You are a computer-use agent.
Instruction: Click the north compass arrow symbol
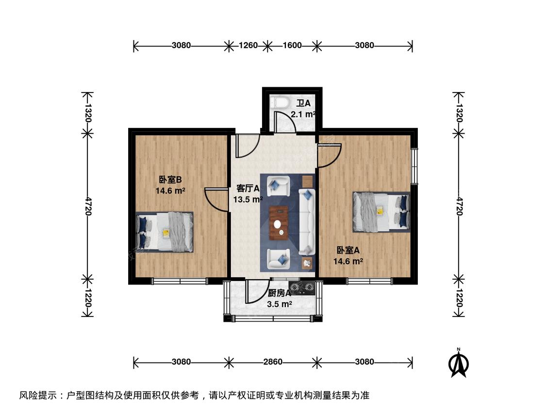coord(459,363)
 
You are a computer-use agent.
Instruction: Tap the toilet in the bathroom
coord(281,103)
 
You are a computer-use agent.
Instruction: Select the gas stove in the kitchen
coord(302,288)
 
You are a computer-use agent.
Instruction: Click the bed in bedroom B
coord(165,232)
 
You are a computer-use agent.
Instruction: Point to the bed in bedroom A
coord(381,212)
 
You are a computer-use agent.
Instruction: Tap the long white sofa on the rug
coord(307,222)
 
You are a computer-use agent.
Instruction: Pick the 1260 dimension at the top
coord(248,45)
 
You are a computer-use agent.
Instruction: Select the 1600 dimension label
coord(292,45)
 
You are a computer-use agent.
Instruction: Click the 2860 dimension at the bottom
coord(273,362)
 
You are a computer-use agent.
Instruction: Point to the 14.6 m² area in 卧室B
coord(170,190)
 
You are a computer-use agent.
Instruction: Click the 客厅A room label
coord(248,189)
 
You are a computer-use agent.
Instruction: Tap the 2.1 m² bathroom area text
coord(303,114)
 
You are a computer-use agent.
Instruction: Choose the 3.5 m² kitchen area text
coord(279,304)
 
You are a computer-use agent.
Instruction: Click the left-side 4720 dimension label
coord(87,206)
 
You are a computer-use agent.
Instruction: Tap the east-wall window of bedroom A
coord(414,166)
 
